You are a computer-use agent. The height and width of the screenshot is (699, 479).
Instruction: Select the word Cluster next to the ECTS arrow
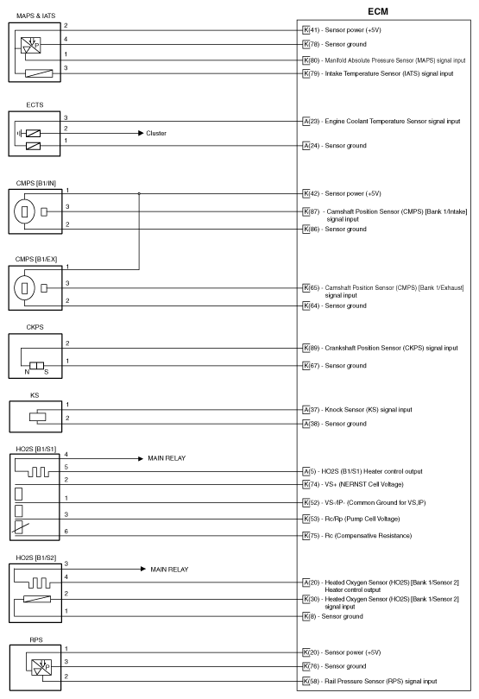[157, 134]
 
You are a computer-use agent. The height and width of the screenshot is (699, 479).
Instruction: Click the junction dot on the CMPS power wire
[139, 193]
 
